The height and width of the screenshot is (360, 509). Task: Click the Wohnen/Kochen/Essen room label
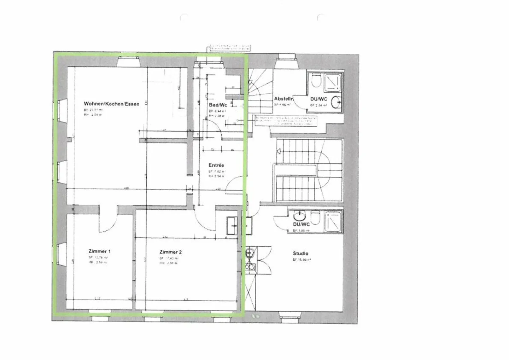click(x=111, y=104)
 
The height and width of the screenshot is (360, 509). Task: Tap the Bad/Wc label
click(x=217, y=105)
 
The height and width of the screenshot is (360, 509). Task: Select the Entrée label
click(x=216, y=165)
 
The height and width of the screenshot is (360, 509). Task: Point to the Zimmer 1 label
click(x=99, y=251)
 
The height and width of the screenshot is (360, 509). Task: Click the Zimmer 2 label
click(x=170, y=252)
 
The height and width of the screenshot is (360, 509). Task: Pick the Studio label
click(x=300, y=253)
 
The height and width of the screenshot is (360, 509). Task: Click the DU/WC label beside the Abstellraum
click(x=318, y=99)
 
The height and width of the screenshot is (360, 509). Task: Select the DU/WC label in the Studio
click(x=301, y=224)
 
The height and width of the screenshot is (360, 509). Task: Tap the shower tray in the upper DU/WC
click(x=333, y=81)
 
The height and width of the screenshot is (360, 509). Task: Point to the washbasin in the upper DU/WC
click(x=337, y=101)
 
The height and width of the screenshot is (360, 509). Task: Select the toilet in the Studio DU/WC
click(x=315, y=216)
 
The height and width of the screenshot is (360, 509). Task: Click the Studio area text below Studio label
click(x=302, y=260)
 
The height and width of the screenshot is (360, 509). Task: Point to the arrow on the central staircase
click(x=279, y=152)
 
